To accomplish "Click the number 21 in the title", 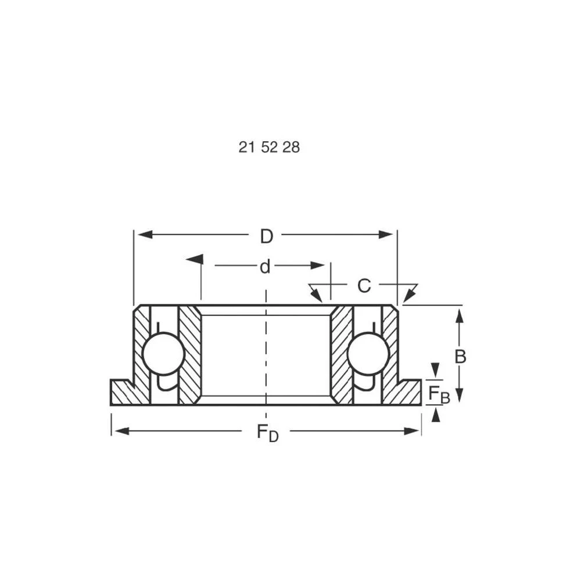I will (247, 148).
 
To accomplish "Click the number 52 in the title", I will (269, 148).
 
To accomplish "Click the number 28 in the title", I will (291, 148).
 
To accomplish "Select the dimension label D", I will (266, 236).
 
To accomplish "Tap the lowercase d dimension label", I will (265, 267).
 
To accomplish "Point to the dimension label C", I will (364, 286).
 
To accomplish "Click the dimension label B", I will (460, 357).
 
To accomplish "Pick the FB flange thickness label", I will (439, 394).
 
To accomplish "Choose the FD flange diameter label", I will (267, 433).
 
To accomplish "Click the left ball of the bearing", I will (163, 353).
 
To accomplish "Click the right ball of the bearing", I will (368, 353).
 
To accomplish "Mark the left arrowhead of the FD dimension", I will (121, 431).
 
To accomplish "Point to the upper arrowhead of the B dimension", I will (460, 316).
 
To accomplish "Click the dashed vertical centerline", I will (266, 354).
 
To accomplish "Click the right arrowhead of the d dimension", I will (317, 266).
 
